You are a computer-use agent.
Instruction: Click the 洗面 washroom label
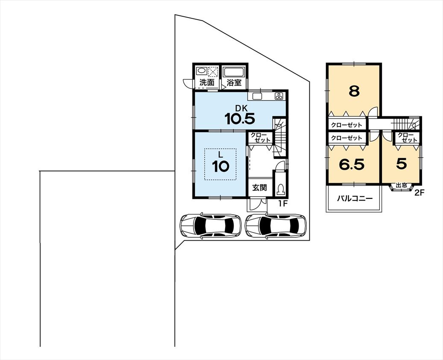(x=207, y=83)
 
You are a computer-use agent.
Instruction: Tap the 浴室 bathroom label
(x=234, y=83)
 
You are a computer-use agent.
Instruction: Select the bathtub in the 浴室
(x=234, y=72)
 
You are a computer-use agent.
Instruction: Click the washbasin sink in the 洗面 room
(x=202, y=71)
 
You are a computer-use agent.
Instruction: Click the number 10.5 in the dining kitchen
(x=240, y=119)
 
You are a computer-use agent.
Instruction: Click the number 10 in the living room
(x=221, y=166)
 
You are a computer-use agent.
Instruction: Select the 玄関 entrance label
(x=260, y=188)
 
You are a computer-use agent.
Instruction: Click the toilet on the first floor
(x=280, y=189)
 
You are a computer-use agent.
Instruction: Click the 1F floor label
(x=283, y=204)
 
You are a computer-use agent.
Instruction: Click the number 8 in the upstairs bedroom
(x=354, y=91)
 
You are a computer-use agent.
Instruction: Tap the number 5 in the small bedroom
(x=402, y=164)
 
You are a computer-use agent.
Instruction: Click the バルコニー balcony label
(x=355, y=198)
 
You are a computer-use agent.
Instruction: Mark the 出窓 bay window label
(x=401, y=186)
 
